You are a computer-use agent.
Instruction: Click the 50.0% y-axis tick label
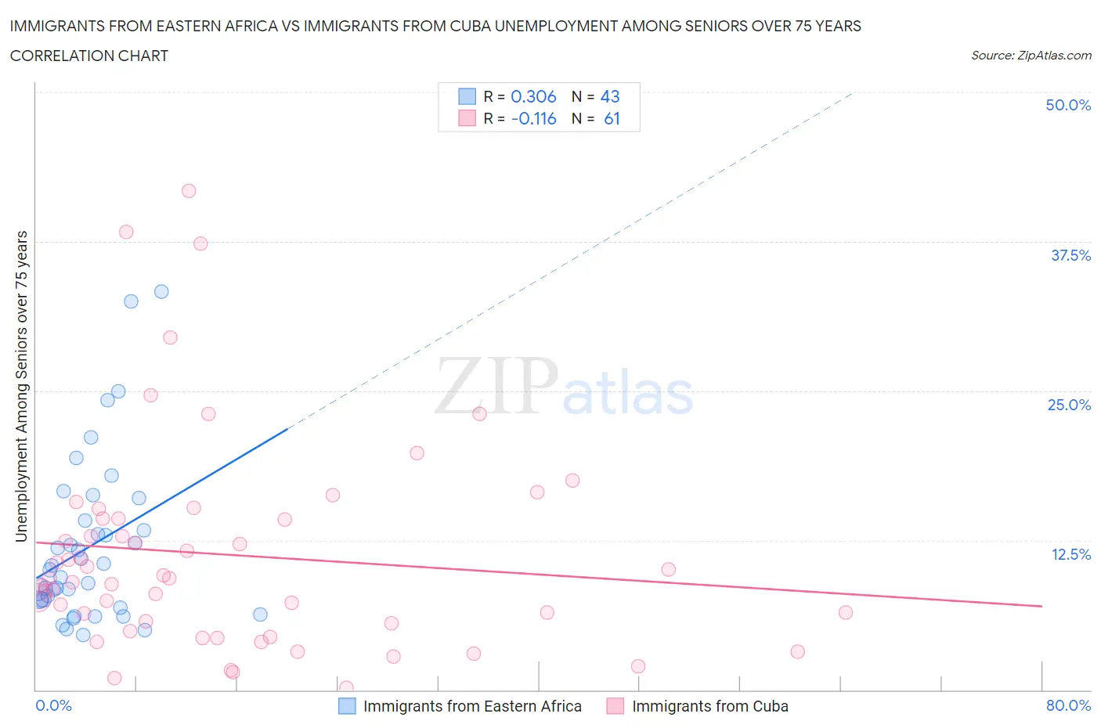click(1068, 105)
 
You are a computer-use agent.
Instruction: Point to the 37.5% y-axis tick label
click(1070, 255)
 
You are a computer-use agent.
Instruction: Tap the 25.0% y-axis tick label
click(1069, 405)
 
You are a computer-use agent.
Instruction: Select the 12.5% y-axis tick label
click(1070, 554)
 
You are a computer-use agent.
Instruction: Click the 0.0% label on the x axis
click(53, 705)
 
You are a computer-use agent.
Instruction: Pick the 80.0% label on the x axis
click(1068, 705)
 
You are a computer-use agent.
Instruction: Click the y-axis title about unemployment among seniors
click(21, 386)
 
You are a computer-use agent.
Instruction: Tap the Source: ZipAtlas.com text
click(1031, 56)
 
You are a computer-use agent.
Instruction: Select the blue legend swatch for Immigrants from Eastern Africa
click(347, 706)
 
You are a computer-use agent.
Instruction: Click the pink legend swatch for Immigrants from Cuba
click(615, 706)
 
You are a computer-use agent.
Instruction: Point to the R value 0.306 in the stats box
click(533, 96)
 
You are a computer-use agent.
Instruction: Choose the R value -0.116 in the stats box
click(533, 118)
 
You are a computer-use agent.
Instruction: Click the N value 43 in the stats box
click(610, 96)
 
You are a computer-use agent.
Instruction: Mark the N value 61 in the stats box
click(612, 118)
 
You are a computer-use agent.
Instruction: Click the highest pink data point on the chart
click(189, 191)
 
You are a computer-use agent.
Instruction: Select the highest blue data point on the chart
click(161, 291)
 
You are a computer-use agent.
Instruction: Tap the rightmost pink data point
click(846, 612)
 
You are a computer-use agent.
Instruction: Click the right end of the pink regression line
click(1041, 606)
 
